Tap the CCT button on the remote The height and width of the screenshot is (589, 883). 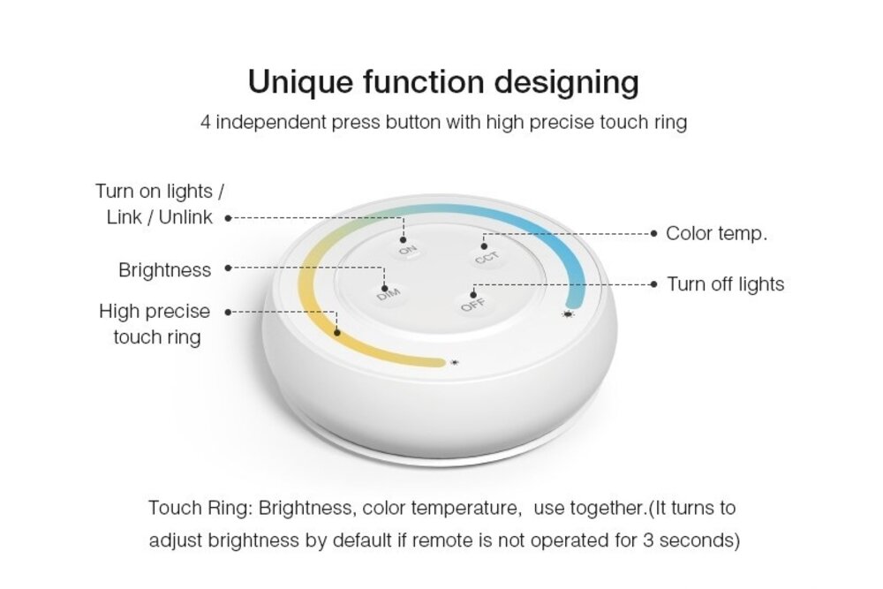click(485, 256)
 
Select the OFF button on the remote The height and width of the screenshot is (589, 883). click(472, 305)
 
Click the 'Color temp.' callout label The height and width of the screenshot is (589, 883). click(716, 234)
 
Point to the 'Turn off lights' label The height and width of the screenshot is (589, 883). click(725, 284)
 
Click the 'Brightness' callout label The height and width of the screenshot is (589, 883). click(165, 270)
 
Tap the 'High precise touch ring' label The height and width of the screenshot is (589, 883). click(155, 324)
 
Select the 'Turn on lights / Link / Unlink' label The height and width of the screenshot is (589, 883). click(160, 204)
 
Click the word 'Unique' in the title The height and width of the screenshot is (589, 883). click(294, 82)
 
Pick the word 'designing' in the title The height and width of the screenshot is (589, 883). click(566, 82)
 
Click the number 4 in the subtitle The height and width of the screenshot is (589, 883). click(205, 122)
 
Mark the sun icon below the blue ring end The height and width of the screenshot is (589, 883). click(567, 313)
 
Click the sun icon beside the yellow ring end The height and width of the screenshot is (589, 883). click(454, 362)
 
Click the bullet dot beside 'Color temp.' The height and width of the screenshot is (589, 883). click(654, 234)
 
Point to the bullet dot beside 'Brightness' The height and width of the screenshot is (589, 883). click(229, 268)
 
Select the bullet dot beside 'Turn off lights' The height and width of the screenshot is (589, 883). click(654, 284)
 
